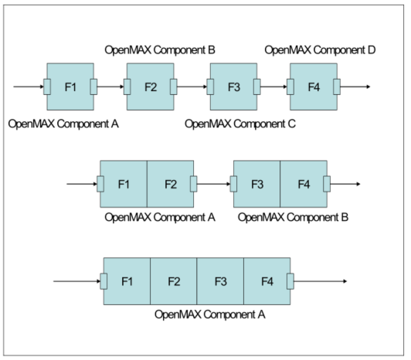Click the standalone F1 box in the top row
(70, 86)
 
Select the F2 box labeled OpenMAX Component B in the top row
(151, 86)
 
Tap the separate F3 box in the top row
(233, 86)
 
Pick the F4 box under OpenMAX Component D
(313, 86)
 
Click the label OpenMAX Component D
(320, 50)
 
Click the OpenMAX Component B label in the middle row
(293, 217)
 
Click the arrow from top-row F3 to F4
(273, 86)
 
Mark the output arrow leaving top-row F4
(356, 86)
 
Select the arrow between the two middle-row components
(214, 184)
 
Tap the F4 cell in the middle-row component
(304, 184)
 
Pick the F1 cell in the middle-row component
(124, 184)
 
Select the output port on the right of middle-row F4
(327, 184)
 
